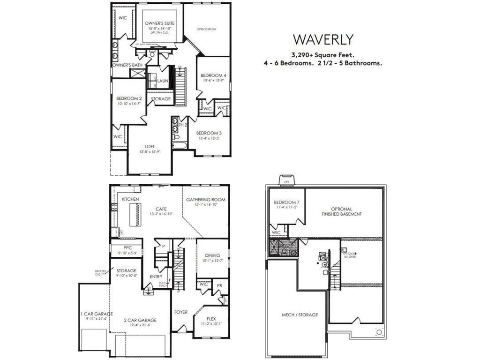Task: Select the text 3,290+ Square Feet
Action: pyautogui.click(x=322, y=54)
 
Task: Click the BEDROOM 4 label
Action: pyautogui.click(x=213, y=75)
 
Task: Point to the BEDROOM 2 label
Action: pyautogui.click(x=129, y=98)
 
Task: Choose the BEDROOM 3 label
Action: pyautogui.click(x=209, y=133)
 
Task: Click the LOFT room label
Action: pyautogui.click(x=150, y=146)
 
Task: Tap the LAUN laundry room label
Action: pyautogui.click(x=163, y=81)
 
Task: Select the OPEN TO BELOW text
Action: pyautogui.click(x=206, y=29)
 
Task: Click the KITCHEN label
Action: pyautogui.click(x=130, y=200)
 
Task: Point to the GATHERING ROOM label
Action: pyautogui.click(x=206, y=200)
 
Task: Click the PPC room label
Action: pyautogui.click(x=127, y=248)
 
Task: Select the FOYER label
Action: pyautogui.click(x=181, y=312)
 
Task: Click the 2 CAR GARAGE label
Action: pyautogui.click(x=141, y=320)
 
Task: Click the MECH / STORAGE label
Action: pyautogui.click(x=300, y=315)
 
